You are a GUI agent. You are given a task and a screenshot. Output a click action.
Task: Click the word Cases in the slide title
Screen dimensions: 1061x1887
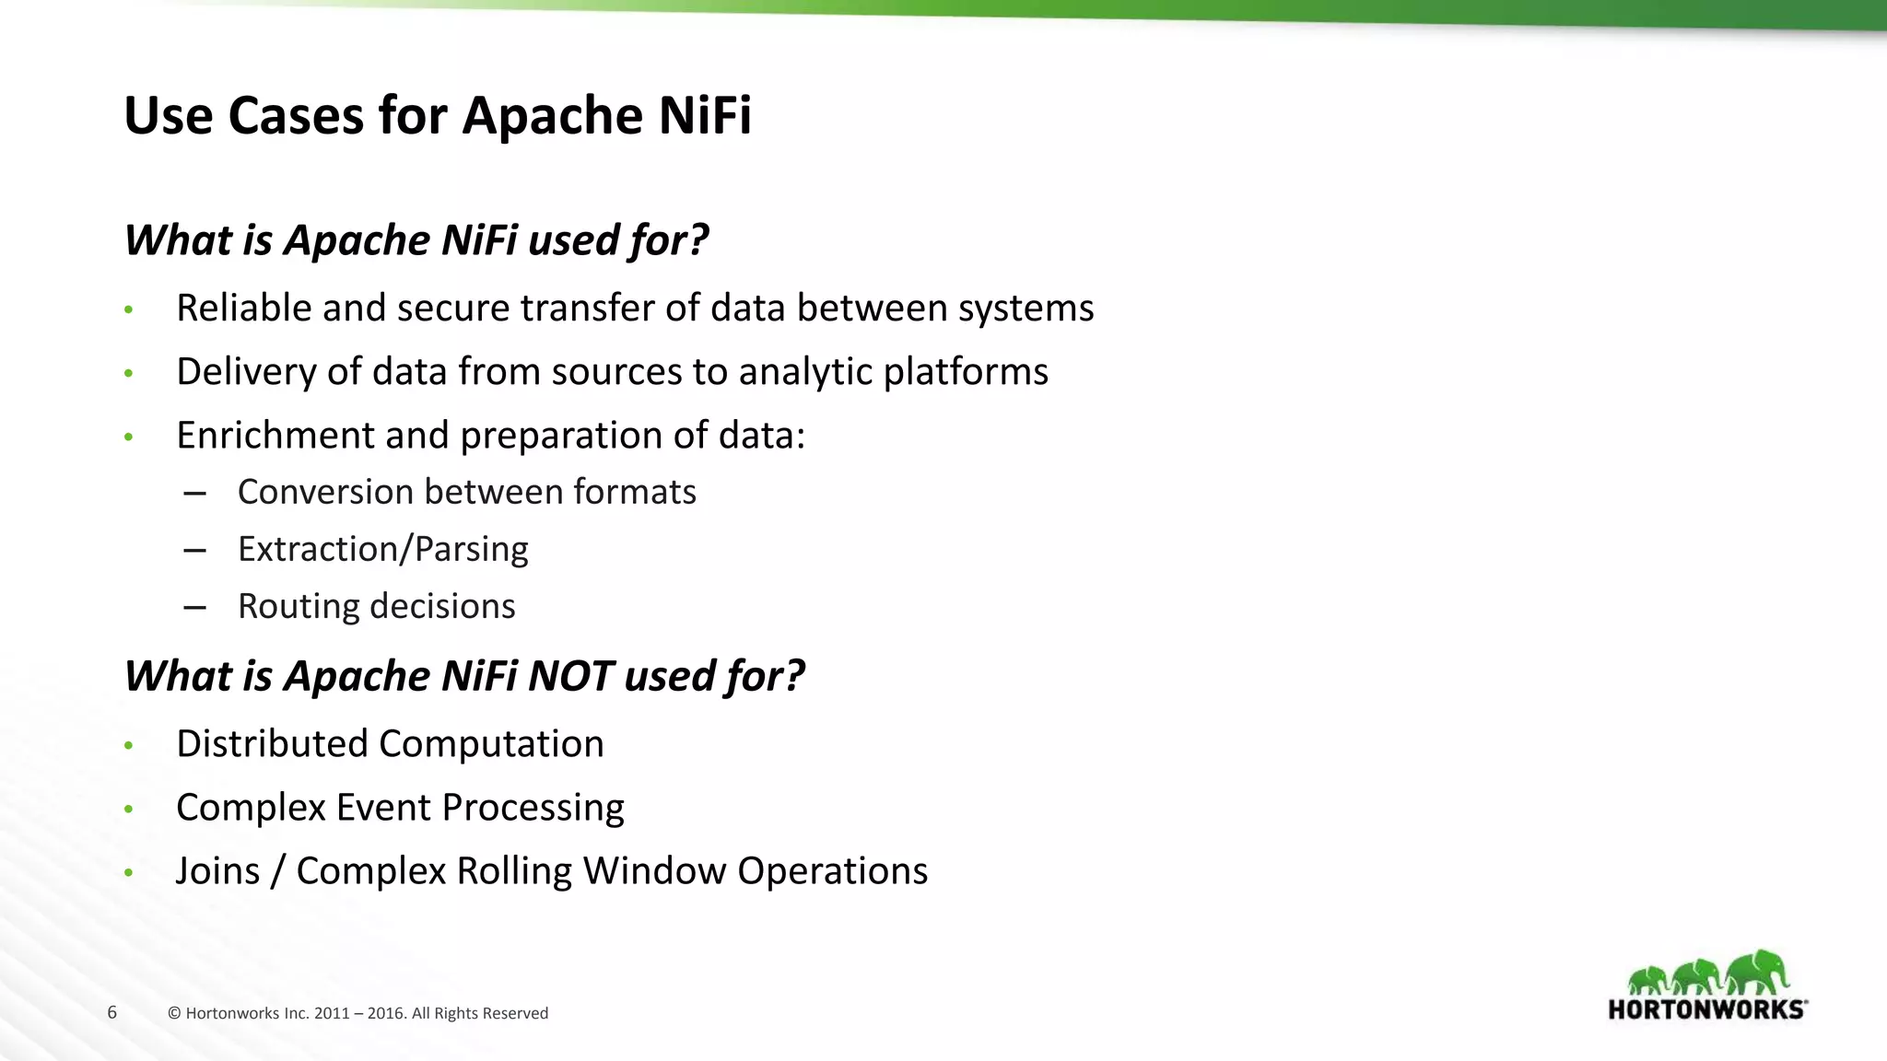(x=296, y=116)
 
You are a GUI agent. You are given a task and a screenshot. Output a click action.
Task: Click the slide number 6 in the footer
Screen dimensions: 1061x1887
(x=112, y=1013)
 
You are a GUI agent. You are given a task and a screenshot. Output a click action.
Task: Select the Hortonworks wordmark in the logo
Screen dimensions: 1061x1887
(x=1706, y=1009)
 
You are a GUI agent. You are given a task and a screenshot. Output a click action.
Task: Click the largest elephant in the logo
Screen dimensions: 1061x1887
(x=1758, y=973)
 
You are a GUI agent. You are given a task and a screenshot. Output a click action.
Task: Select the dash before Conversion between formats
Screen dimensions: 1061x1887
(x=194, y=494)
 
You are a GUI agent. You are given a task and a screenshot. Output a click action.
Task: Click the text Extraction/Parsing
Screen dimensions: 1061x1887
(x=382, y=549)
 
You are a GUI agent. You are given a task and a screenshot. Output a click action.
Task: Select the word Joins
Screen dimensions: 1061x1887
(x=217, y=871)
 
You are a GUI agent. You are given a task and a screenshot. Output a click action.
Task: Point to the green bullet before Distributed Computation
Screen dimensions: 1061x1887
(x=129, y=745)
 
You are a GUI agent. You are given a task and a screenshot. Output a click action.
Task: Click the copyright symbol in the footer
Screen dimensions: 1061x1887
(x=174, y=1014)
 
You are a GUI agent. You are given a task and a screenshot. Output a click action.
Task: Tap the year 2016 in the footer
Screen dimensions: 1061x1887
(x=386, y=1014)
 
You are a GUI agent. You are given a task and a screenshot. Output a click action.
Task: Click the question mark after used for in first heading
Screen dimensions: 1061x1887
(x=697, y=240)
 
